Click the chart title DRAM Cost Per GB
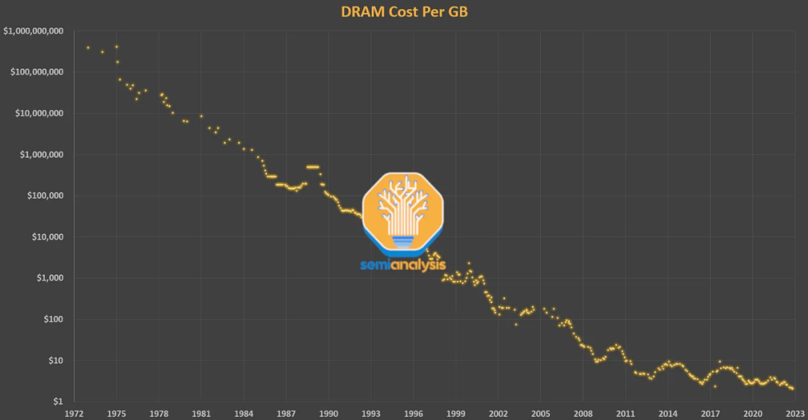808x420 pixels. (404, 12)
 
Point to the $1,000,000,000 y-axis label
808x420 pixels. (33, 31)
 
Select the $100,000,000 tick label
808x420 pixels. (36, 72)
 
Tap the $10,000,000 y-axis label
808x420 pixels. (38, 114)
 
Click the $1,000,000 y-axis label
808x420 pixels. (41, 155)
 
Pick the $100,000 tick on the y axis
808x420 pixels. (44, 196)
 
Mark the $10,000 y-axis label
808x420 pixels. (47, 237)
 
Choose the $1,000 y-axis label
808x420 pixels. (50, 278)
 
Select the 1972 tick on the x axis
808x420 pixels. (73, 413)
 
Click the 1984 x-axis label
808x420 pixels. (243, 413)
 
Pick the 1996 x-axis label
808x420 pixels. (414, 413)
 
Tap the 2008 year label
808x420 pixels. (584, 413)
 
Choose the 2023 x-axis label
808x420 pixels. (795, 413)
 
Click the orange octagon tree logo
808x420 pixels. (403, 213)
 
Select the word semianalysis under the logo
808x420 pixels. (403, 265)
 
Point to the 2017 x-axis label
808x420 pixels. (711, 413)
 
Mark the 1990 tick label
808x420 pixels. (328, 413)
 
